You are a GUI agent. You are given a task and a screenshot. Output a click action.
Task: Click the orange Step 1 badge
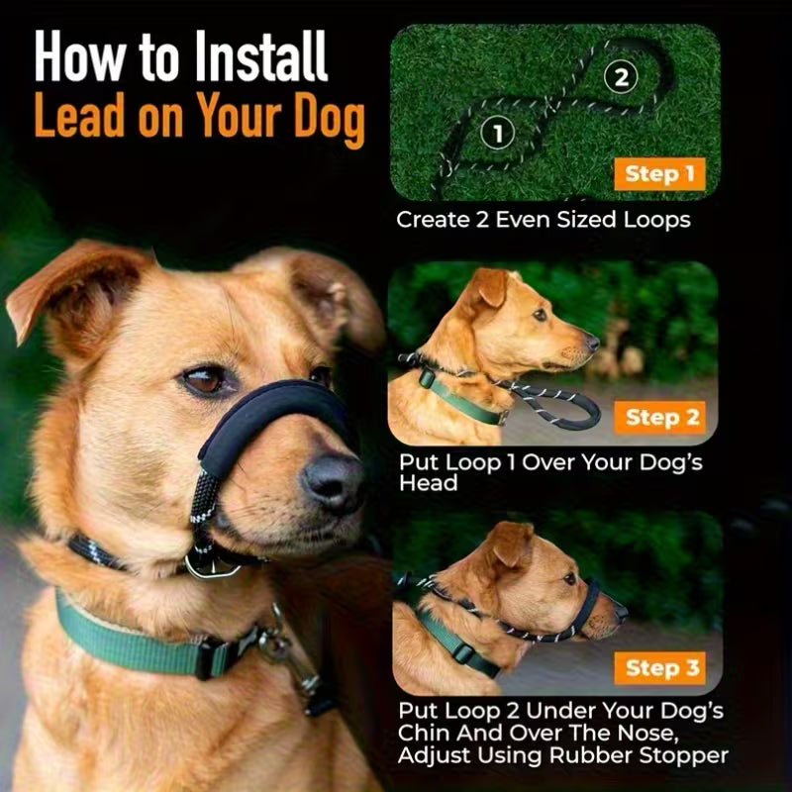pyautogui.click(x=658, y=175)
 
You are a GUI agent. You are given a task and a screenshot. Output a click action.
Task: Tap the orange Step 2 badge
pyautogui.click(x=660, y=417)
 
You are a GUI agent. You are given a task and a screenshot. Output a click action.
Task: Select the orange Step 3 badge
pyautogui.click(x=659, y=668)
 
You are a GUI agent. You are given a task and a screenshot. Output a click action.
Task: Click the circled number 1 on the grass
pyautogui.click(x=498, y=131)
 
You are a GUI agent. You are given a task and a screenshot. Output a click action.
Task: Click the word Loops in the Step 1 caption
pyautogui.click(x=649, y=219)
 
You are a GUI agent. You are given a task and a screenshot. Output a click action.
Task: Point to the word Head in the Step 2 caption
pyautogui.click(x=428, y=483)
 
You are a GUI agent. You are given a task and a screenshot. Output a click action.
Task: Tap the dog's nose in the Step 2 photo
pyautogui.click(x=592, y=342)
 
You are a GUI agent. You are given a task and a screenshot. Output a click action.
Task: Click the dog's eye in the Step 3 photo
pyautogui.click(x=568, y=577)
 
